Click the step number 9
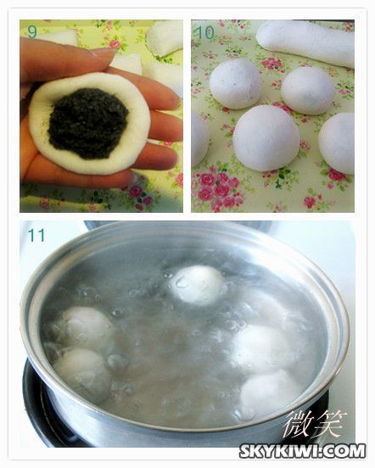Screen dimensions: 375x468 tap(32, 31)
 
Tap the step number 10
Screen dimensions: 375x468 tap(205, 32)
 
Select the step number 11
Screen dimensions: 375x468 tap(36, 235)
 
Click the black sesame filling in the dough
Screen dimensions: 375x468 tap(88, 123)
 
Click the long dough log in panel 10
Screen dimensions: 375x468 tap(306, 41)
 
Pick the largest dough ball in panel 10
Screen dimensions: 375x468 tap(266, 138)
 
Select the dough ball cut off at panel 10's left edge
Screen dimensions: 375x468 tap(199, 138)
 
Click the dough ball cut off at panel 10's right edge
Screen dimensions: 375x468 tap(338, 143)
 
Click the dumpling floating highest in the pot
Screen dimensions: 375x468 tap(197, 285)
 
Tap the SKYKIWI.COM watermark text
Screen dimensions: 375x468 tap(302, 451)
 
